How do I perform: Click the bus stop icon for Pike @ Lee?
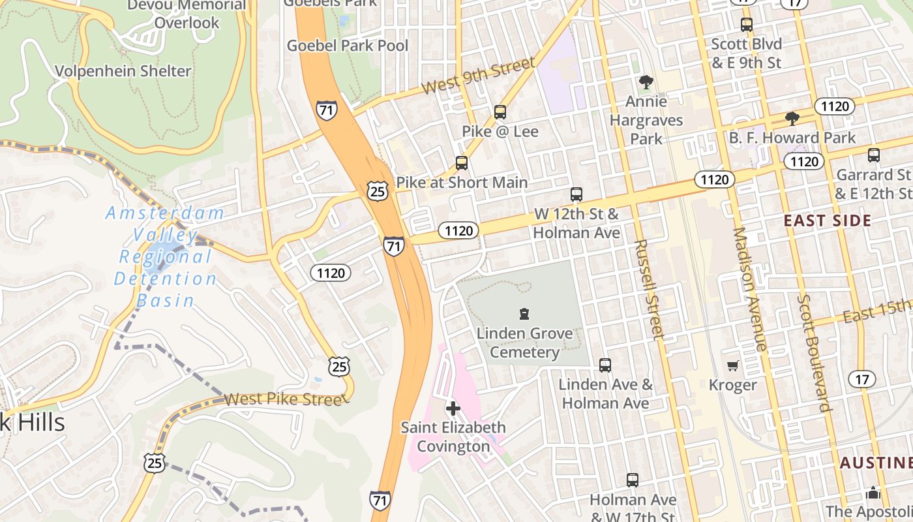[500, 112]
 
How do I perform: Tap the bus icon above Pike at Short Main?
[462, 163]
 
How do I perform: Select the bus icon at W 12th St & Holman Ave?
[576, 194]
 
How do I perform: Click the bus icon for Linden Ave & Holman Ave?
[605, 365]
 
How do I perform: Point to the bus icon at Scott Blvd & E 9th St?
[747, 25]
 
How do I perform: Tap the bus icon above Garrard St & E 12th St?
[874, 155]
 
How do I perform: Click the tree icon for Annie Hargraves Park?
[646, 82]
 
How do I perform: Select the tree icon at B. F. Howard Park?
[792, 119]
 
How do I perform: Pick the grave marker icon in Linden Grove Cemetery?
[524, 315]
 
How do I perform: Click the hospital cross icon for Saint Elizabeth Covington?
[453, 408]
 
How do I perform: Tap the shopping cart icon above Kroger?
[733, 366]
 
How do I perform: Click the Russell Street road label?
[649, 289]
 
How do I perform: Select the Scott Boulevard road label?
[814, 352]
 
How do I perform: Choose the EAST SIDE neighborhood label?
[828, 221]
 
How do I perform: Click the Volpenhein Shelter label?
[123, 71]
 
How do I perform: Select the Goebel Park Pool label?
[348, 46]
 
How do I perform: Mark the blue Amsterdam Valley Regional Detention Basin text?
[165, 256]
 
